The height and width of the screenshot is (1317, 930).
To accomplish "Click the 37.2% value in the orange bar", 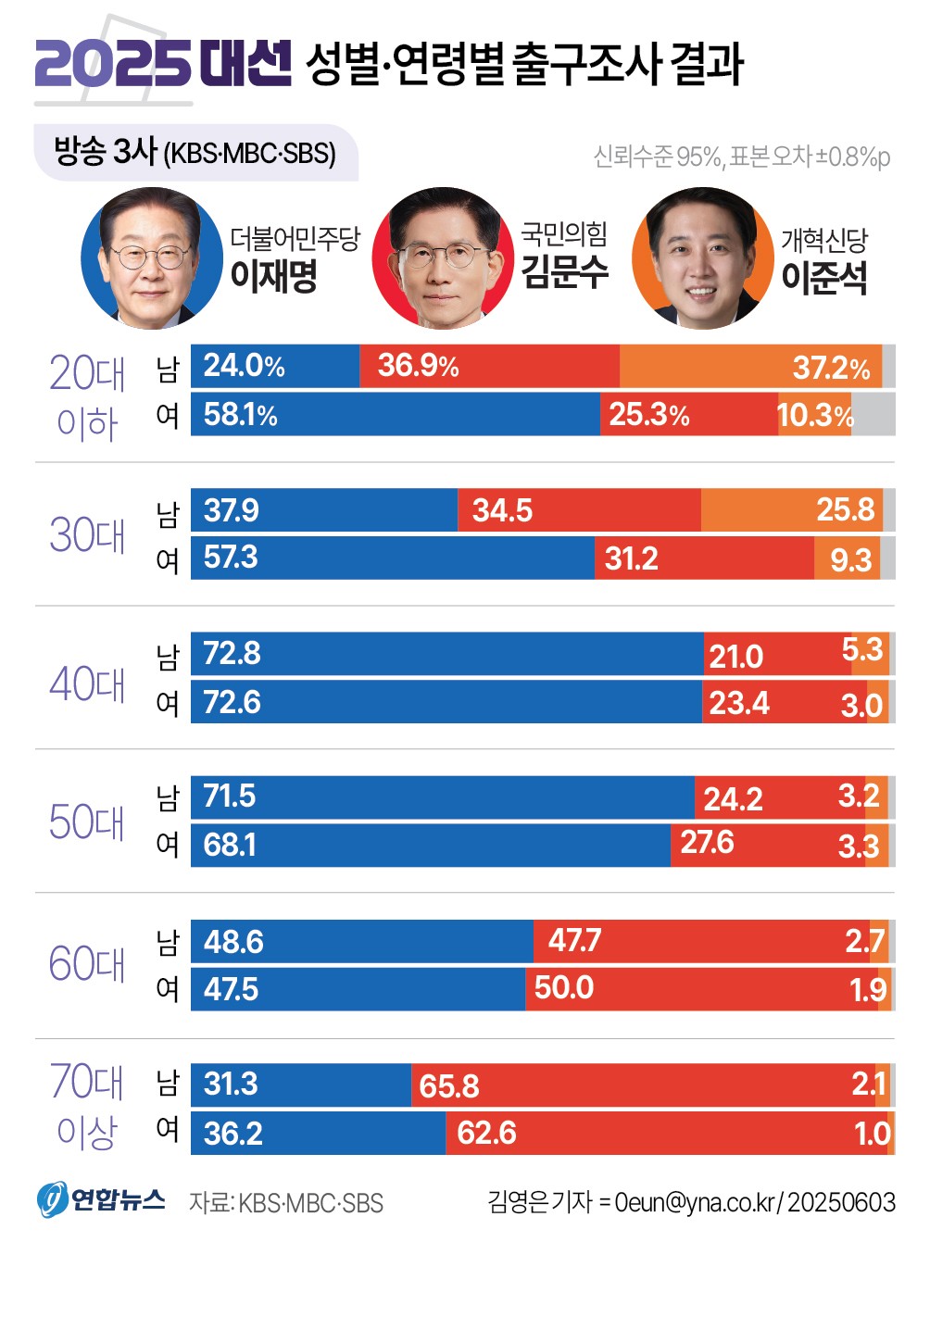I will point(831,368).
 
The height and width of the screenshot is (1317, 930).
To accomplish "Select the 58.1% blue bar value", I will point(240,414).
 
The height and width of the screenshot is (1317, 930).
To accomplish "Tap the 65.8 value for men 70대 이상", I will point(449,1085).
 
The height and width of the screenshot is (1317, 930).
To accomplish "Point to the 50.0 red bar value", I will point(563,987).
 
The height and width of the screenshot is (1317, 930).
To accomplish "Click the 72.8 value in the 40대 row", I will point(232,654).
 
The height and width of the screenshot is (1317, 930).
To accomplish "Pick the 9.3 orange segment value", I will point(850,559).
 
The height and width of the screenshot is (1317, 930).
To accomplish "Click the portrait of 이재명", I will point(151,258).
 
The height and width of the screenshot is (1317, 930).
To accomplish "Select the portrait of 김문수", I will point(442,258).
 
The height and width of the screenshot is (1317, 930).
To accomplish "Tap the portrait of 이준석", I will point(702,258).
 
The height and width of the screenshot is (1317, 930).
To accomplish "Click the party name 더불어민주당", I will point(295,239).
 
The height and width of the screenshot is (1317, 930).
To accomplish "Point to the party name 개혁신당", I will point(823,240).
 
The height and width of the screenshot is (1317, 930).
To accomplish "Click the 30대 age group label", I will point(87,535).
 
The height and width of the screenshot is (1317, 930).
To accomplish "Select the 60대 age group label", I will point(87,964).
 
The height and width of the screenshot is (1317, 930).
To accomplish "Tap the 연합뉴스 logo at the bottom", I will point(101,1200).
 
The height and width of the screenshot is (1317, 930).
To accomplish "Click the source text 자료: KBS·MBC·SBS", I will point(285,1203).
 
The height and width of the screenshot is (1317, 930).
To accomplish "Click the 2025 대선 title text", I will point(163,64).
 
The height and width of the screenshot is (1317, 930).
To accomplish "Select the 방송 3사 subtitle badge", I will point(195,152).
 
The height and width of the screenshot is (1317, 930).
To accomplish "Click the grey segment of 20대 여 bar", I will point(873,414).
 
